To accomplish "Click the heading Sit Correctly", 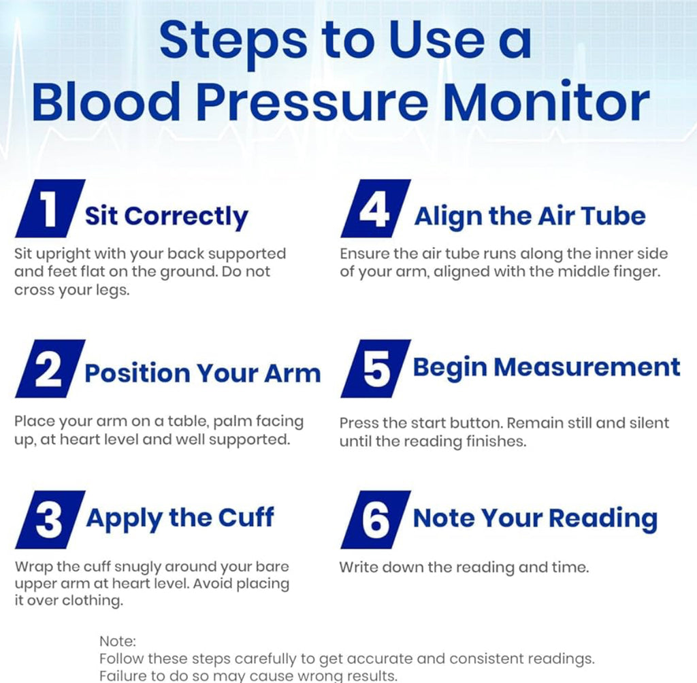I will pyautogui.click(x=166, y=216).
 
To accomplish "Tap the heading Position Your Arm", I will pyautogui.click(x=202, y=373).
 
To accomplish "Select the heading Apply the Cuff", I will pyautogui.click(x=180, y=518).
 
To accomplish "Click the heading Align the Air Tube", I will pyautogui.click(x=530, y=216).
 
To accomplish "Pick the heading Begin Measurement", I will pyautogui.click(x=547, y=367).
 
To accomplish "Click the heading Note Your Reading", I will pyautogui.click(x=535, y=518).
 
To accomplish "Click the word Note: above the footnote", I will pyautogui.click(x=118, y=641).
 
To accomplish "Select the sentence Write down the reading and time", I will pyautogui.click(x=464, y=567).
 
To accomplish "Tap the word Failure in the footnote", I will pyautogui.click(x=123, y=676).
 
